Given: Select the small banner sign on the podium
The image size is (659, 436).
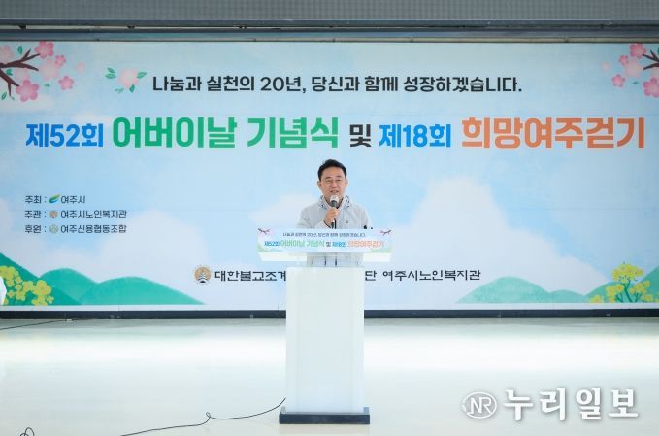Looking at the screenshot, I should [x=324, y=242].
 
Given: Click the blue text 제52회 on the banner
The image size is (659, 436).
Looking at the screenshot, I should [x=64, y=134].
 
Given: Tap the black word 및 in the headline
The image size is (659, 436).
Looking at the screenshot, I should [x=360, y=135].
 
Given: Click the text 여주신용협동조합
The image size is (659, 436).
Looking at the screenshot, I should [x=93, y=229].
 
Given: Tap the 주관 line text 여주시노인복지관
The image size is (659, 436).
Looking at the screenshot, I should [x=93, y=214].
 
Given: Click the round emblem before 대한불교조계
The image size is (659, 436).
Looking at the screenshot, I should [x=202, y=274].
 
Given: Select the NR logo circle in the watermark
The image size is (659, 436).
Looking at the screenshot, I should [x=478, y=405].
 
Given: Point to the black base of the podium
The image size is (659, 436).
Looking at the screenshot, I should [x=324, y=416].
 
